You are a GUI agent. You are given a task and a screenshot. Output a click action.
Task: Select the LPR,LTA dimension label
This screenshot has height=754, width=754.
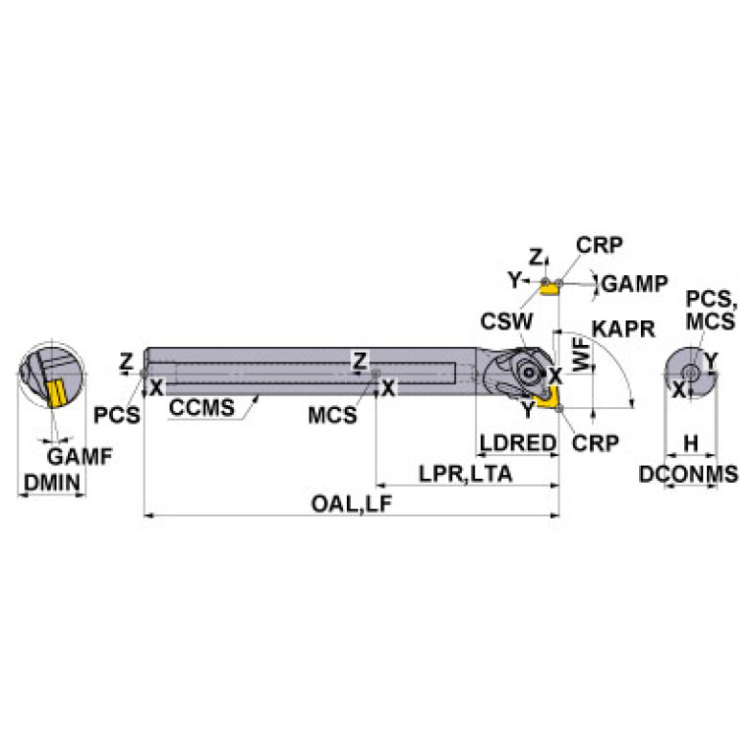pyautogui.click(x=466, y=473)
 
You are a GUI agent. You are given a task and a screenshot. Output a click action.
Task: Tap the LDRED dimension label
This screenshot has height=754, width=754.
pyautogui.click(x=517, y=443)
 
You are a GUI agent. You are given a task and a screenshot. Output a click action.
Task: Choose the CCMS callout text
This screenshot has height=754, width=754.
pyautogui.click(x=203, y=408)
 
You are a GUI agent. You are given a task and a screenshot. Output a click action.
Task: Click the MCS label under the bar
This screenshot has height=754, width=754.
pyautogui.click(x=332, y=415)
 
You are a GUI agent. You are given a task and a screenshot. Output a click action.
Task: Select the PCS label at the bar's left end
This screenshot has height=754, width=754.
pyautogui.click(x=117, y=415)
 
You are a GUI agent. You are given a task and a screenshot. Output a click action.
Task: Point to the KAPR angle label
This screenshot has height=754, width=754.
pyautogui.click(x=621, y=329)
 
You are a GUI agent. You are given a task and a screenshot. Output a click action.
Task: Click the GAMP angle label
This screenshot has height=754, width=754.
pyautogui.click(x=634, y=284)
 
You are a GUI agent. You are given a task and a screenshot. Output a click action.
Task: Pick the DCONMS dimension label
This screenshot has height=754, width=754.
pyautogui.click(x=688, y=474)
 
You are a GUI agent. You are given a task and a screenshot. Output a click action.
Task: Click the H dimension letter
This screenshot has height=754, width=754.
pyautogui.click(x=690, y=444)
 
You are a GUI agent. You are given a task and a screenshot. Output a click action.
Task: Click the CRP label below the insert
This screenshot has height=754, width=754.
pyautogui.click(x=596, y=443)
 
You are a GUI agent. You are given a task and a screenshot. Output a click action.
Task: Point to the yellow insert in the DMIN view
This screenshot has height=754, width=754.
pyautogui.click(x=55, y=393)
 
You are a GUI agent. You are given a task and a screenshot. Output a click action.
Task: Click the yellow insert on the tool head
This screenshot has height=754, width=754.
pyautogui.click(x=544, y=395)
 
